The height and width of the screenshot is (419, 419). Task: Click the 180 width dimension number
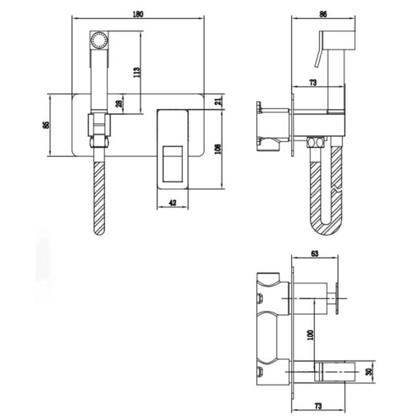(138, 14)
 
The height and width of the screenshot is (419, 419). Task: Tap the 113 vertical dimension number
(137, 72)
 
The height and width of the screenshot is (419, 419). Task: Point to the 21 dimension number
(218, 101)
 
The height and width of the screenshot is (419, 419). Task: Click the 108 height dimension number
(218, 149)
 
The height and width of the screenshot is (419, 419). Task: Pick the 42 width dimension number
(172, 203)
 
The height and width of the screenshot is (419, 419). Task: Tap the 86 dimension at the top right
(323, 14)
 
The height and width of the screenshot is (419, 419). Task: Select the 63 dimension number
(315, 253)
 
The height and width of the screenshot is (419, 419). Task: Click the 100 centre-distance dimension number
(310, 335)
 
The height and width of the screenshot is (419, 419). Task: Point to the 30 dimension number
(369, 372)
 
